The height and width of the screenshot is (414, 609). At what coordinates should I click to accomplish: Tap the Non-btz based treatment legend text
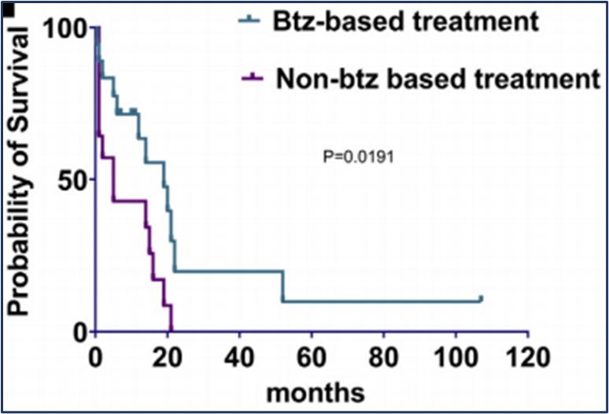(438, 78)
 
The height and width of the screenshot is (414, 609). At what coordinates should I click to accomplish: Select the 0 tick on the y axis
(80, 331)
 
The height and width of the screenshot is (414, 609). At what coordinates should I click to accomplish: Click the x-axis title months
(314, 390)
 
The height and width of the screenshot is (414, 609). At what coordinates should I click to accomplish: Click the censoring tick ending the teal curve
(480, 299)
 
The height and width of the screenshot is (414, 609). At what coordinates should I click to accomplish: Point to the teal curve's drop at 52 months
(282, 286)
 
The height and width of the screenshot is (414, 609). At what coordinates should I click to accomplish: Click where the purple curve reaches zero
(171, 330)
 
